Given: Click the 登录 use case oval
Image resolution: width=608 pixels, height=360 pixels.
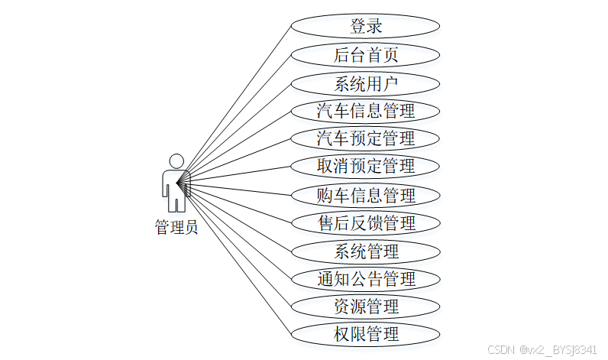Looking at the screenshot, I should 366,27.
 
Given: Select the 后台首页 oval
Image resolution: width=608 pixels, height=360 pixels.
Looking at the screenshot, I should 366,55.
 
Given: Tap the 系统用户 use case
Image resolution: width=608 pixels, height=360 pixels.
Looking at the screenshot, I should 366,83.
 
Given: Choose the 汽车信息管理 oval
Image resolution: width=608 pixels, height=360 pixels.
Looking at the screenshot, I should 366,111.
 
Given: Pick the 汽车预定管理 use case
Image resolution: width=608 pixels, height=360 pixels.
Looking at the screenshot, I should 366,138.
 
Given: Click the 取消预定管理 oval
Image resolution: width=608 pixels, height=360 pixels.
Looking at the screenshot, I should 366,166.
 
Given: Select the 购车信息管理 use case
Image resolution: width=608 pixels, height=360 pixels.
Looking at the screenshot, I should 366,195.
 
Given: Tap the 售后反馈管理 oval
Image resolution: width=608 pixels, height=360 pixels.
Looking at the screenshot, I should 366,223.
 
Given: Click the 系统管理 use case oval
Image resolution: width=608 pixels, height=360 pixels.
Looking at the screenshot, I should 366,251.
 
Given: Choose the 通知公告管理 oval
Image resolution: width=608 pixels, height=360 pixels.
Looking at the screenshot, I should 366,279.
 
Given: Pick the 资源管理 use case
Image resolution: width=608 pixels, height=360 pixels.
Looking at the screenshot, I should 366,306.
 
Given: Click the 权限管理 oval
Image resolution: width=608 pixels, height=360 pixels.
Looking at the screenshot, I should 366,334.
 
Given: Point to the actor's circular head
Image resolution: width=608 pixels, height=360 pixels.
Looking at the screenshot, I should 176,161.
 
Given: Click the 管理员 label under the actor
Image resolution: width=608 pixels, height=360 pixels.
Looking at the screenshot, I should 176,227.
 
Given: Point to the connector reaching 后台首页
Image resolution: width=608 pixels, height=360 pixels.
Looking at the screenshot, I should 237,116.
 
